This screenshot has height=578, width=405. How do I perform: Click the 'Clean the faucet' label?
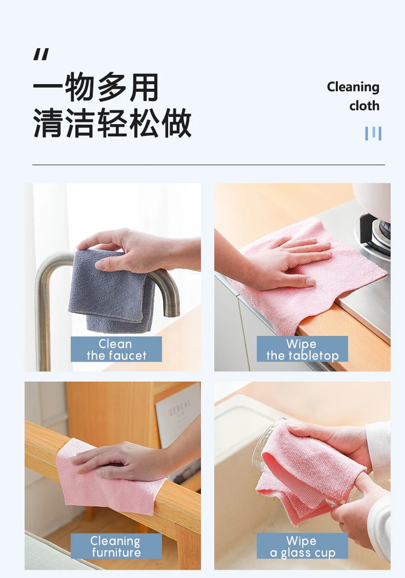point(116,349)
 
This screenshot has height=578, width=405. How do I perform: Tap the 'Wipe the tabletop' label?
point(302,349)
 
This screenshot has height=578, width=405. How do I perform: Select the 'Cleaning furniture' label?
point(116,546)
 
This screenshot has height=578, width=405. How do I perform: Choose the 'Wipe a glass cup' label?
point(302,546)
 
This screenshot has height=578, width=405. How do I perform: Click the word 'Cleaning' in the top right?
point(353,87)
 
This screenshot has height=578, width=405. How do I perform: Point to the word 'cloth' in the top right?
point(364,106)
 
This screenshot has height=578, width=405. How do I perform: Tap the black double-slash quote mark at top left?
point(41,54)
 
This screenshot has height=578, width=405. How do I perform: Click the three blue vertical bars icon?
point(373,133)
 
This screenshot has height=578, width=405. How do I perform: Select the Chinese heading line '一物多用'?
point(96,88)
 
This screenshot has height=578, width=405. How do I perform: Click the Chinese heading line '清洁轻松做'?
point(112,124)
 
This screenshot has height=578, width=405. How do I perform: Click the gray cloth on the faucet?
point(110,292)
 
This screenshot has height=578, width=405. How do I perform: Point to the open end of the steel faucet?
point(172,311)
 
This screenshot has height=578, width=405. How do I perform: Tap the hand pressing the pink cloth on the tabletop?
point(287,262)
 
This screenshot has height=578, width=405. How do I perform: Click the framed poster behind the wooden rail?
point(178,415)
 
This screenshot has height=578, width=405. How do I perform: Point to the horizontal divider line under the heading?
point(208,165)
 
